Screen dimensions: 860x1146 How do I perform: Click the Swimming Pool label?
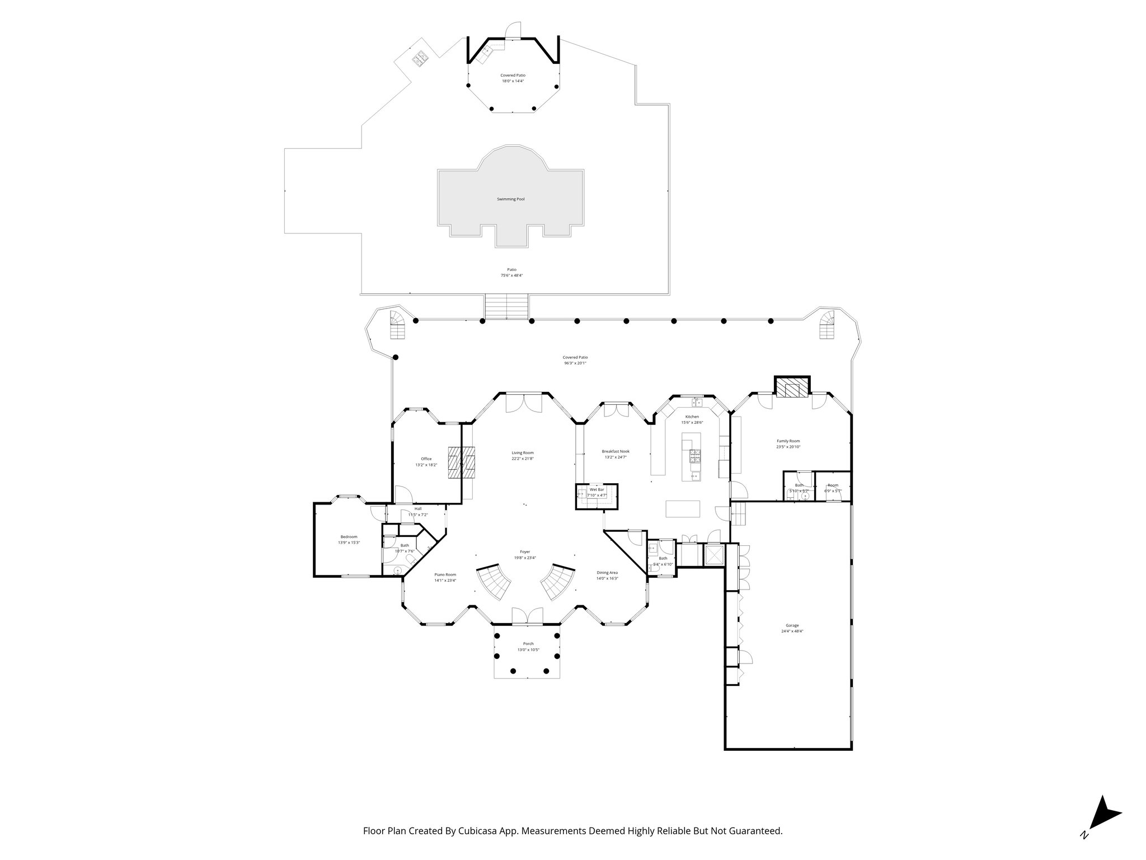click(x=510, y=199)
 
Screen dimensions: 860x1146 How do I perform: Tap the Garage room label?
click(x=792, y=625)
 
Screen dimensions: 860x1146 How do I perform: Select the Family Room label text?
click(x=788, y=441)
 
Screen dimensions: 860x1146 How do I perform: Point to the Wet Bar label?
click(x=597, y=489)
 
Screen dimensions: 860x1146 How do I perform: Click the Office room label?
click(x=426, y=459)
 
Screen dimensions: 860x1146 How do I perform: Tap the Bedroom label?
click(x=349, y=537)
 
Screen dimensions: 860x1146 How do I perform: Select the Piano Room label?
click(x=445, y=574)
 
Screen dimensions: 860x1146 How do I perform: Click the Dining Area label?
click(x=607, y=572)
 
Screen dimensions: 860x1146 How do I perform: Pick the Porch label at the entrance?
click(x=528, y=644)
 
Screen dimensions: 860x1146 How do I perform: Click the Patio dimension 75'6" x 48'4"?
click(x=511, y=275)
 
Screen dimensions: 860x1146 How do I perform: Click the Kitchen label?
click(x=692, y=417)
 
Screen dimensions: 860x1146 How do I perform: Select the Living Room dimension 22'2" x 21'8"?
click(x=523, y=459)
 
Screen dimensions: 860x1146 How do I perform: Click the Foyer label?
click(x=525, y=551)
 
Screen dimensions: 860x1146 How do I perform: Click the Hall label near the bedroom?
click(x=418, y=508)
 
